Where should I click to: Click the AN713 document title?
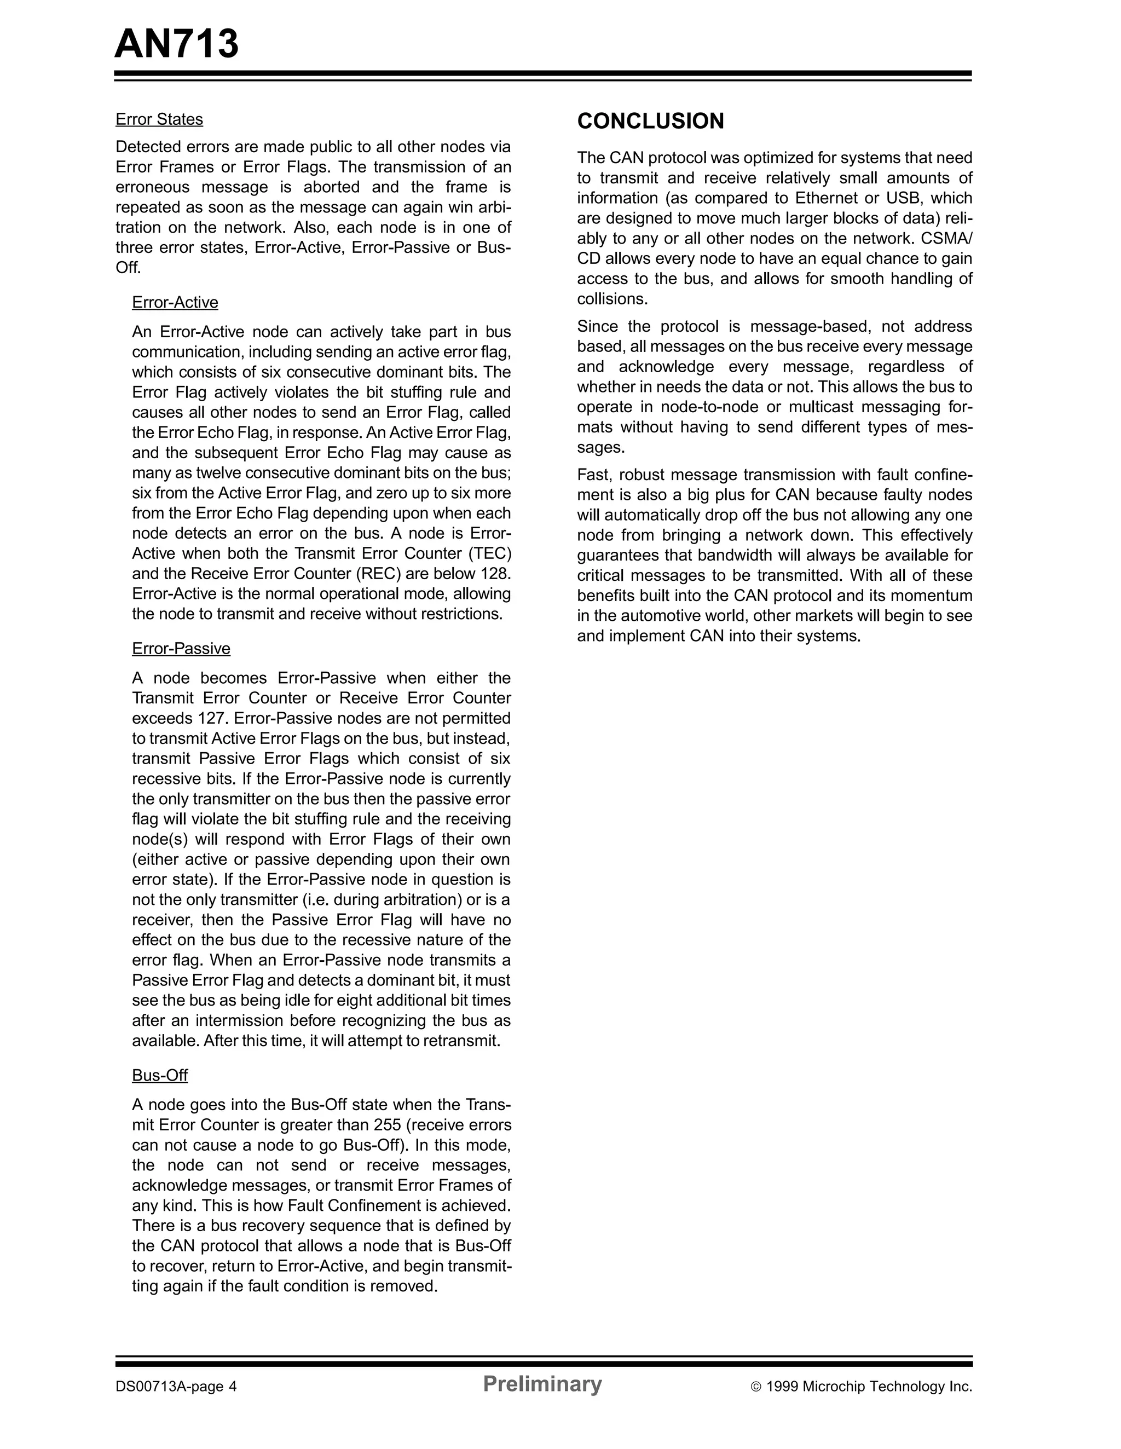click(x=176, y=44)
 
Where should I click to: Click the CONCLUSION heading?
click(x=650, y=121)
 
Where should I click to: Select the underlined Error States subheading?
click(x=159, y=119)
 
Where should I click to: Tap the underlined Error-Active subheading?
click(x=175, y=303)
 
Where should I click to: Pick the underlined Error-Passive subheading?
click(x=181, y=649)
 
